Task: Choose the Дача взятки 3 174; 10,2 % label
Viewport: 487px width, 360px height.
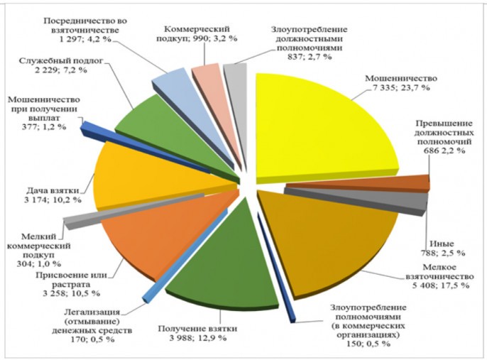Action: [42, 195]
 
